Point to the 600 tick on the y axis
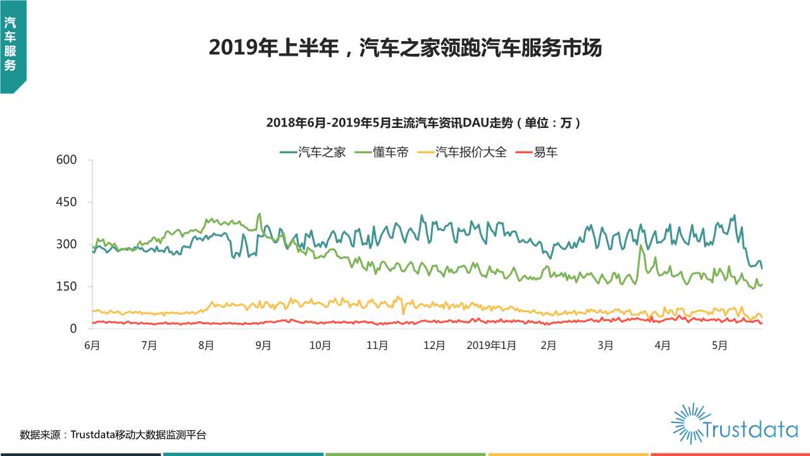pos(66,160)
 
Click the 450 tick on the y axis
pos(66,202)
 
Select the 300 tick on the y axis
pos(66,244)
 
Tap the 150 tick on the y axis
pos(66,286)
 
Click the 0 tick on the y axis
pos(73,329)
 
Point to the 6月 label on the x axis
pos(92,346)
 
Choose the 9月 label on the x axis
pos(263,346)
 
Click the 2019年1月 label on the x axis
pos(491,346)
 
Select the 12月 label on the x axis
pos(434,346)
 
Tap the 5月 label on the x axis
pos(720,346)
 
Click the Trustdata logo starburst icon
pos(687,423)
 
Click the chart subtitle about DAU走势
pos(423,123)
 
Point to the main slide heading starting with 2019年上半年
pos(405,47)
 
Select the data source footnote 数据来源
pos(113,435)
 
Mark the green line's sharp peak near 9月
pos(259,214)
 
